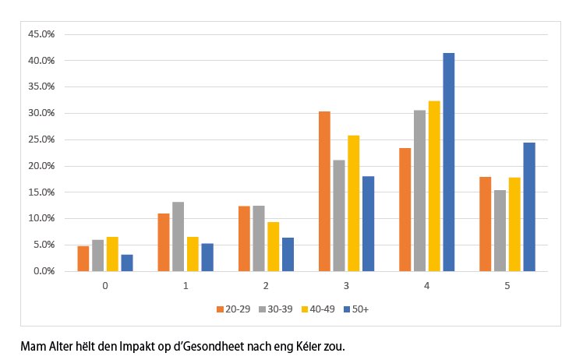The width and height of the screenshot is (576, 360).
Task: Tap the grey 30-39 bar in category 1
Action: pos(178,236)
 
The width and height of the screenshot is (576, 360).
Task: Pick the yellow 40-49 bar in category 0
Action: pos(112,254)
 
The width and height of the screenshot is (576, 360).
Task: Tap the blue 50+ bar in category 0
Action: pos(127,263)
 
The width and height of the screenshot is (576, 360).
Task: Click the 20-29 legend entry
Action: pos(234,309)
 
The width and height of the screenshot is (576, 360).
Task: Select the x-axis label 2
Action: pos(266,286)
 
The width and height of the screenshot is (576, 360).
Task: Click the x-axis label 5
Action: pos(507,286)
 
